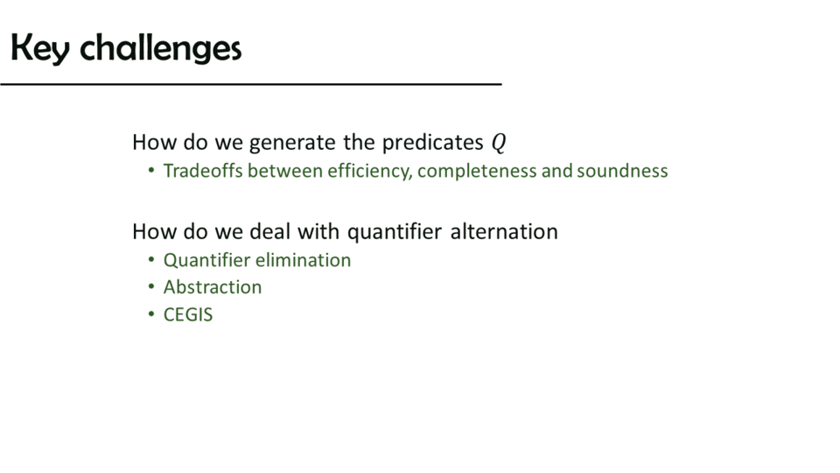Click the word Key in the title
tap(40, 48)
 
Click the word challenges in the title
tap(161, 48)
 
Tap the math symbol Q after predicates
tap(499, 143)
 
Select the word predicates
tap(433, 142)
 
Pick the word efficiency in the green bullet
tap(369, 171)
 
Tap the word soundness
tap(622, 171)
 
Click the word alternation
tap(504, 231)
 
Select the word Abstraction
tap(213, 287)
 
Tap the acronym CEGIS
tap(188, 314)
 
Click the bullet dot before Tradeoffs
tap(151, 171)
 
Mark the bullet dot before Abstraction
tap(151, 287)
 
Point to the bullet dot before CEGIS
tap(151, 314)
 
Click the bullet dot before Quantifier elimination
tap(151, 260)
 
